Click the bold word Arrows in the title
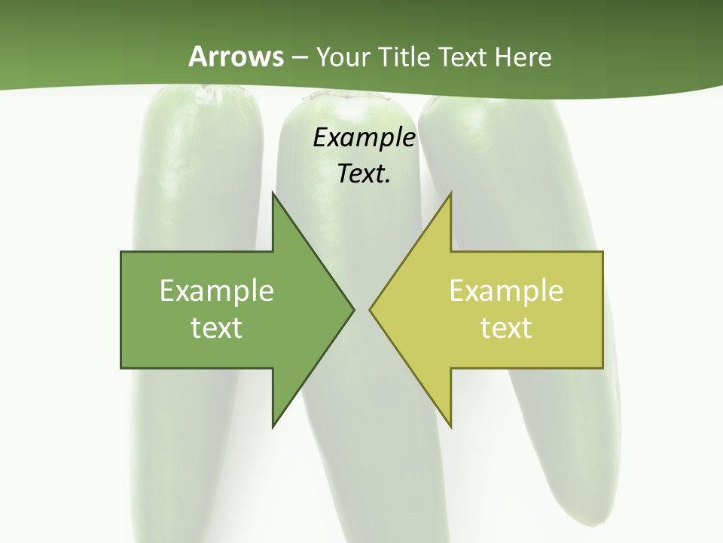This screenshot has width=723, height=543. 236,57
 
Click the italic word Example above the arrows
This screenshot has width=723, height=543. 364,138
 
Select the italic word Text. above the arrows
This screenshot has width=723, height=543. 364,173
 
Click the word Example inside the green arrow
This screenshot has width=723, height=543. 216,290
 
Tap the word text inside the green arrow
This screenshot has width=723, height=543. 216,327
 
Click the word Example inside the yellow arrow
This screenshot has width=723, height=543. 506,290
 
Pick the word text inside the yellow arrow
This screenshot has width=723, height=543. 506,327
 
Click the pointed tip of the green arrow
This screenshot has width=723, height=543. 352,309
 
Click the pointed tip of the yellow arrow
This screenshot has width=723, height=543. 371,309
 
